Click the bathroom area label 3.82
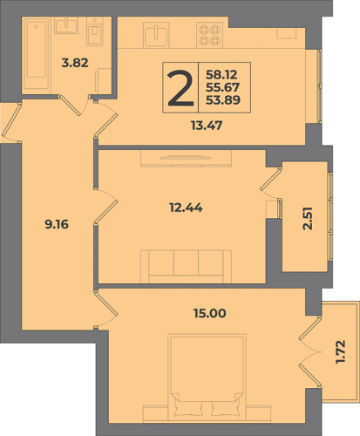[75, 63]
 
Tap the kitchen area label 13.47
[207, 126]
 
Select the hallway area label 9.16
[57, 224]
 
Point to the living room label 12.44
[186, 208]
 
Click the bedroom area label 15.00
[210, 313]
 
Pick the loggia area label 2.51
[308, 219]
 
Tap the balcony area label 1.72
[341, 351]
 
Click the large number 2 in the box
[180, 88]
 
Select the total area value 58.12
[221, 75]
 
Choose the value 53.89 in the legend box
[223, 100]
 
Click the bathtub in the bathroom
[37, 54]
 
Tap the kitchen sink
[156, 35]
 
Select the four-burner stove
[210, 35]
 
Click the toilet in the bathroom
[95, 31]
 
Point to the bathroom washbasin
[66, 25]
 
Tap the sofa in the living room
[186, 266]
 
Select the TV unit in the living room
[186, 159]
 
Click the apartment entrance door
[11, 122]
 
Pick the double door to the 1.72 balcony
[310, 351]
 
